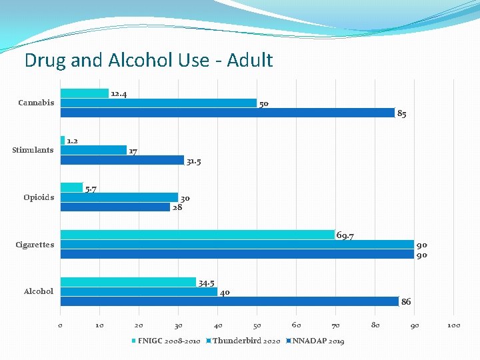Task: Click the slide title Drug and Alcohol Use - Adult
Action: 148,61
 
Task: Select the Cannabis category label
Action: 36,103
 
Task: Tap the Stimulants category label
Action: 33,150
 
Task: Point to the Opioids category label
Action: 39,197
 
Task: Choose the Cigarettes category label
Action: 35,245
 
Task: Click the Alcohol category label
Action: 38,291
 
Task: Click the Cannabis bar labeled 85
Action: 227,113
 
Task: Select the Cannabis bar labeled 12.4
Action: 85,93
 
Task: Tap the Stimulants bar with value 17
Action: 93,150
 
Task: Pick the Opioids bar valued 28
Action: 115,207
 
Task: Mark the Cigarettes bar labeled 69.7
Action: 197,235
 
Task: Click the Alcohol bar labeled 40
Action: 139,292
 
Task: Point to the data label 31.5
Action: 194,161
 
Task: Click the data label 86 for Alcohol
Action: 406,302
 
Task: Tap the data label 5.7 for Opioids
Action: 91,189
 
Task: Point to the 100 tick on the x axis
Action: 453,325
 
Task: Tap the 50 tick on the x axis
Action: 257,325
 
